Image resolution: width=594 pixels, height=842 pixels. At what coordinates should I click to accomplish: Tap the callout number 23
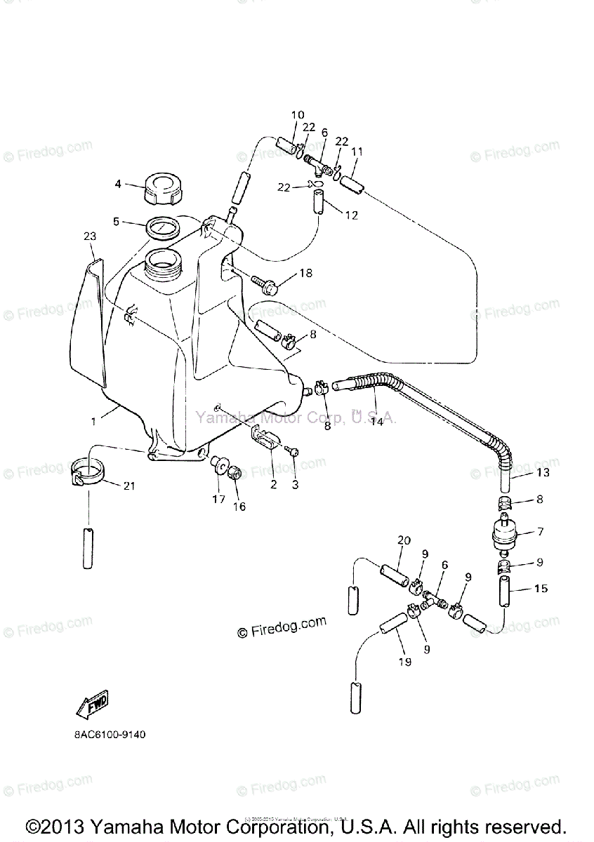point(89,237)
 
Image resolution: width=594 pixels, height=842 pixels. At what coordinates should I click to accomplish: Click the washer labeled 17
point(218,465)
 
